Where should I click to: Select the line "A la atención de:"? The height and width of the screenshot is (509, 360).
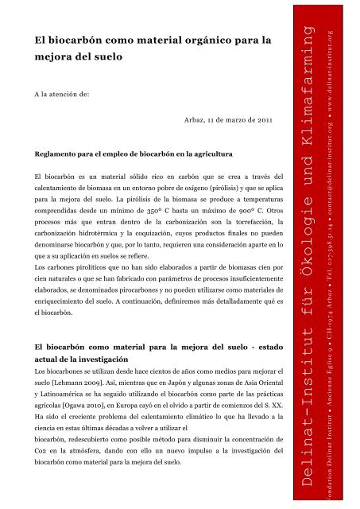point(62,93)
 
